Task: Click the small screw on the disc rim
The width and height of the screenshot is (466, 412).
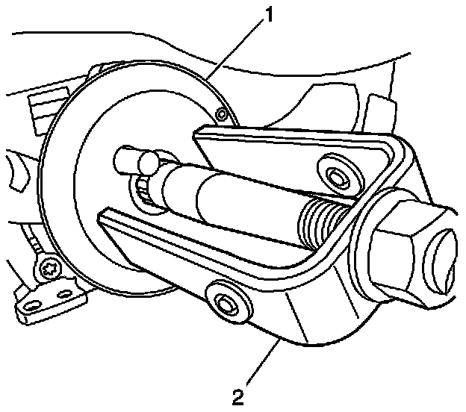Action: point(220,113)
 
